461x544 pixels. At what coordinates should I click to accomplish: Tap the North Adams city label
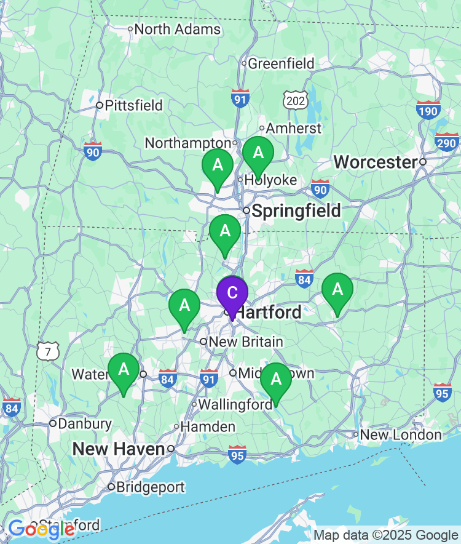pos(177,29)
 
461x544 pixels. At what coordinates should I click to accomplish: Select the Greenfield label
pos(281,63)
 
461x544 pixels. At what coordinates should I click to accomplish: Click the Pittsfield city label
pos(133,105)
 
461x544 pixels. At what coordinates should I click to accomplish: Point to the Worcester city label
pos(375,162)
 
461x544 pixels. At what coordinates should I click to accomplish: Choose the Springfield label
pos(296,211)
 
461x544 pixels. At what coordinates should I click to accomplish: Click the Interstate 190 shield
pos(428,109)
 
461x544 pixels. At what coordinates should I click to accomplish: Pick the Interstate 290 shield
pos(447,142)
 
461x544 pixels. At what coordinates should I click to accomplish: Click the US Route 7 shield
pos(48,351)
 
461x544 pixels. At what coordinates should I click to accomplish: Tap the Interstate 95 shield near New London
pos(442,392)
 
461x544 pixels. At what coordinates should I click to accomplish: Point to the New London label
pos(400,435)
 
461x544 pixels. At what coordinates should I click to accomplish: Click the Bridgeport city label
pos(150,487)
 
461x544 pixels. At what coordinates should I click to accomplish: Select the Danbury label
pos(85,423)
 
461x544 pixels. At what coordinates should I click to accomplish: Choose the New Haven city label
pos(119,449)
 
